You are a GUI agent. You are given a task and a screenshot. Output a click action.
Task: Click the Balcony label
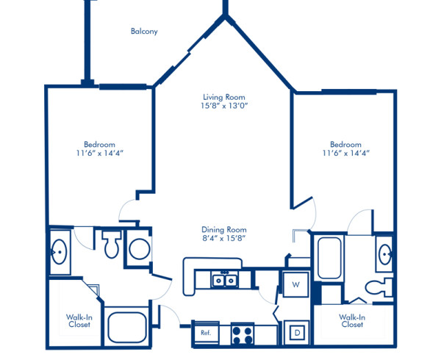tap(144, 32)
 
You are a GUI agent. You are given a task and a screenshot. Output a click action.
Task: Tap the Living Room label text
tap(224, 97)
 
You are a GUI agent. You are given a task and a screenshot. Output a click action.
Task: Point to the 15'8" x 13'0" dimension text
tap(224, 106)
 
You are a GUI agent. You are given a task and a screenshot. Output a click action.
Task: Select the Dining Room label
tap(225, 229)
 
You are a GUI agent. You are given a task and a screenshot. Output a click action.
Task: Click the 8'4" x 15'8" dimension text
tap(225, 238)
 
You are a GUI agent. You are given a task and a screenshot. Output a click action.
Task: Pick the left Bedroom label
tap(98, 145)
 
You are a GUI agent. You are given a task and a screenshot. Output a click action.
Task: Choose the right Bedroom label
tap(345, 145)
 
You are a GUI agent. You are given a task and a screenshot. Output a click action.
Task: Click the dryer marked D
tap(298, 332)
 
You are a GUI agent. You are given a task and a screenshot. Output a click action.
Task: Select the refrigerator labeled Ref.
tap(206, 333)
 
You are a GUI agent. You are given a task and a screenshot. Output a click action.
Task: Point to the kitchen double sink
tap(224, 280)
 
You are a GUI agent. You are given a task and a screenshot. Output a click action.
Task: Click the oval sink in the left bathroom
tap(58, 251)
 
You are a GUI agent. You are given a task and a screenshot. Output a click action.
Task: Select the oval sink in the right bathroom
tap(384, 255)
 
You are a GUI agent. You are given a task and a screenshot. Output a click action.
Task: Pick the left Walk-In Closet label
tap(79, 322)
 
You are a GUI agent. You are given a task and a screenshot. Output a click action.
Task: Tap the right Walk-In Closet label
tap(352, 320)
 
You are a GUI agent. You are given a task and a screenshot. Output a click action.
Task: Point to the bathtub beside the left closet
tap(128, 328)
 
